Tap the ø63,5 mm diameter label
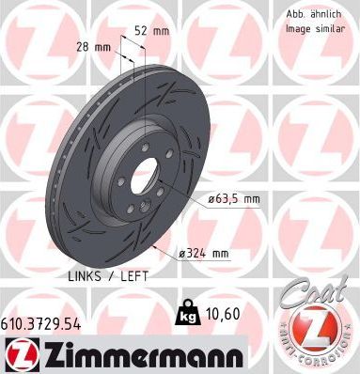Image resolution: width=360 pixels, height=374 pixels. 231,198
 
